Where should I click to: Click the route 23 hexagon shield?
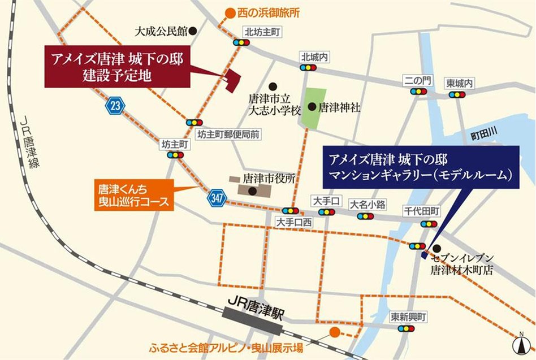[x=115, y=105]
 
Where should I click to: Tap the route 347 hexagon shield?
[x=216, y=198]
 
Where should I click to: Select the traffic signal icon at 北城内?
[x=308, y=68]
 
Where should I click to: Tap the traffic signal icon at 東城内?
[x=457, y=94]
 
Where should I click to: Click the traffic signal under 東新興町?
[x=406, y=328]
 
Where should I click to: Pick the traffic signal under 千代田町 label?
[x=429, y=224]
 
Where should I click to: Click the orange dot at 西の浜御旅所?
[x=230, y=12]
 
